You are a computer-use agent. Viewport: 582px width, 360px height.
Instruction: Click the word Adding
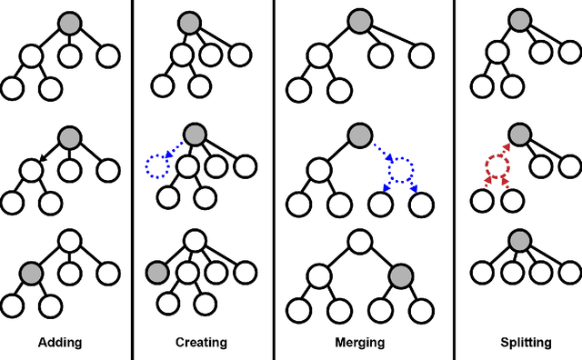[x=59, y=343]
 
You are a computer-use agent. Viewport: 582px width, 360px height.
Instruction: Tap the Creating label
[x=201, y=343]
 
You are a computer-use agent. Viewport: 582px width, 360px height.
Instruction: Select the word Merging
[x=359, y=343]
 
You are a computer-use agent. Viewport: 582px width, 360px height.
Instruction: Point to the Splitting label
[x=518, y=343]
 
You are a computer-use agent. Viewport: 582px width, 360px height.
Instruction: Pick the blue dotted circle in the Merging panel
[x=400, y=168]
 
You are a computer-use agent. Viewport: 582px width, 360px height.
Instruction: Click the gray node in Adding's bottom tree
[x=32, y=272]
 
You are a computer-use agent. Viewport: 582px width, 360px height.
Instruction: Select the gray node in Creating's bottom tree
[x=158, y=271]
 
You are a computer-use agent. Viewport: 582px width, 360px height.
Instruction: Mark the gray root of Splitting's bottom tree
[x=520, y=241]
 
